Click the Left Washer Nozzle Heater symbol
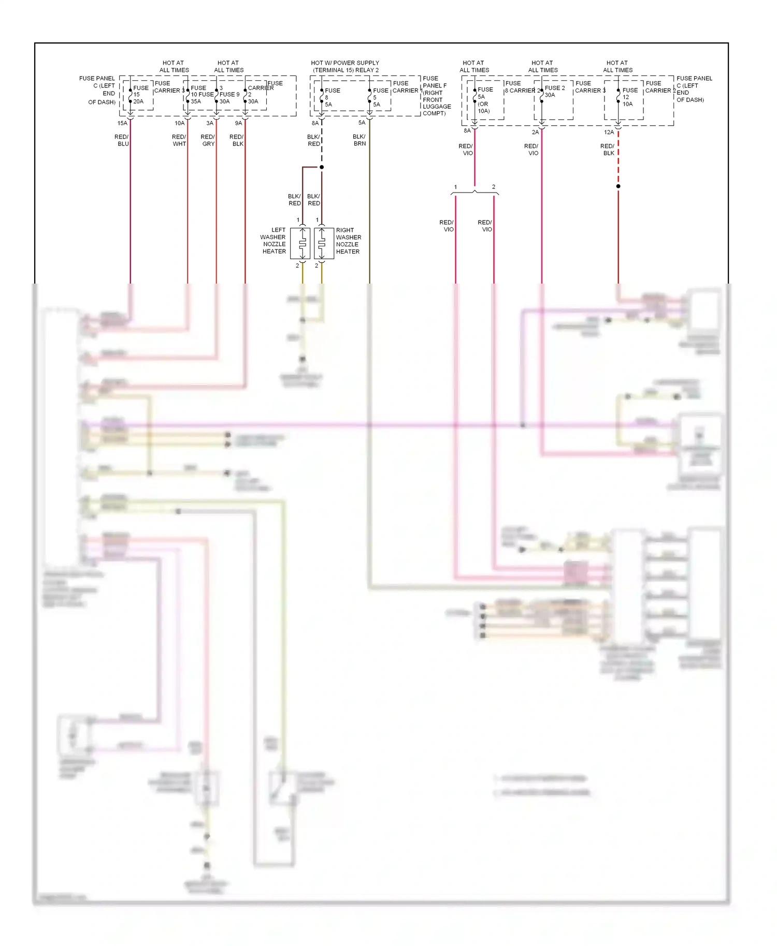coord(300,243)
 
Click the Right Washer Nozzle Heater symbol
coord(324,243)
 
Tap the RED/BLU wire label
coord(122,140)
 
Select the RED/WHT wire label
coord(179,140)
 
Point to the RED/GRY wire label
coord(208,140)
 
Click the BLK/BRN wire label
coord(359,140)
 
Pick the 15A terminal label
coord(122,123)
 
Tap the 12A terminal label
coord(609,132)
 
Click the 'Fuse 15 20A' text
coord(140,95)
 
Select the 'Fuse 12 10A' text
coord(629,97)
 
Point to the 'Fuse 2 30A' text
coord(554,92)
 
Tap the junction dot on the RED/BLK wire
coord(618,186)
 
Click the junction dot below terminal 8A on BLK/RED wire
coord(322,167)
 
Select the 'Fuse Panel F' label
coord(434,82)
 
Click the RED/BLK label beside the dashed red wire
coord(607,150)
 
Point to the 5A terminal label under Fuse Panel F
coord(362,123)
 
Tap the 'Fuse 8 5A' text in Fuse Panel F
coord(332,97)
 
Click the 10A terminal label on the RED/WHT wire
coord(179,123)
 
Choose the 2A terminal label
coord(535,132)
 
